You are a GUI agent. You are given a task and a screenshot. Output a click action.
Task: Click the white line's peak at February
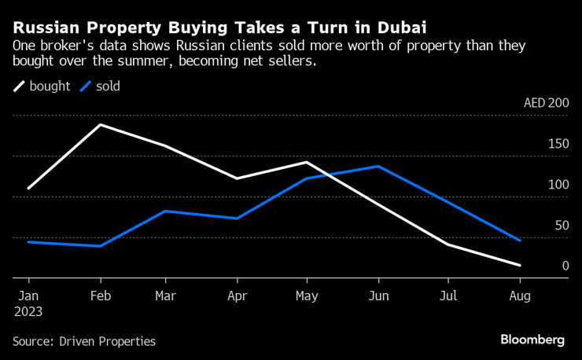[x=100, y=125]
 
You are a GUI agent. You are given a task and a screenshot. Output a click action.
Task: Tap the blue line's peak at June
[x=378, y=167]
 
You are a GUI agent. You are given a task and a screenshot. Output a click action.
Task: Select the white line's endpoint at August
[x=520, y=266]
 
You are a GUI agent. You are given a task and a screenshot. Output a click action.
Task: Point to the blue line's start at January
[x=28, y=242]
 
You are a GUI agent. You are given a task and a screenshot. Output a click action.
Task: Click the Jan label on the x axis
[x=28, y=296]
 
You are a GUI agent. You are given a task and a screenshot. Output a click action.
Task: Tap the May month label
[x=307, y=296]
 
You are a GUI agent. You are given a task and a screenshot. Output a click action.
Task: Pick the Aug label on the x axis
[x=520, y=296]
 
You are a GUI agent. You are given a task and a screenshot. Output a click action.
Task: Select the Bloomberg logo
[x=532, y=340]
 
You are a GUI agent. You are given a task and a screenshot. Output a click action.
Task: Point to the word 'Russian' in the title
[x=46, y=28]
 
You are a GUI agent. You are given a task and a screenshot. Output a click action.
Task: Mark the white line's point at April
[x=237, y=178]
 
